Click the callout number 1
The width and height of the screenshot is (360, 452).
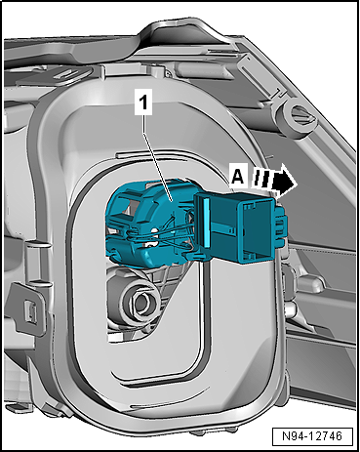click(x=143, y=103)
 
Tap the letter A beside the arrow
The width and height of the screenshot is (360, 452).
click(x=237, y=178)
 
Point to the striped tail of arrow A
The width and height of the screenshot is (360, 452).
click(x=261, y=179)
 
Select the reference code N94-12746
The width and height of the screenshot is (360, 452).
click(x=312, y=435)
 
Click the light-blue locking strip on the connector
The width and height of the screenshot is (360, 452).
click(x=206, y=223)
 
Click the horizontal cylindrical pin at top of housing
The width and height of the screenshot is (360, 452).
click(x=195, y=68)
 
